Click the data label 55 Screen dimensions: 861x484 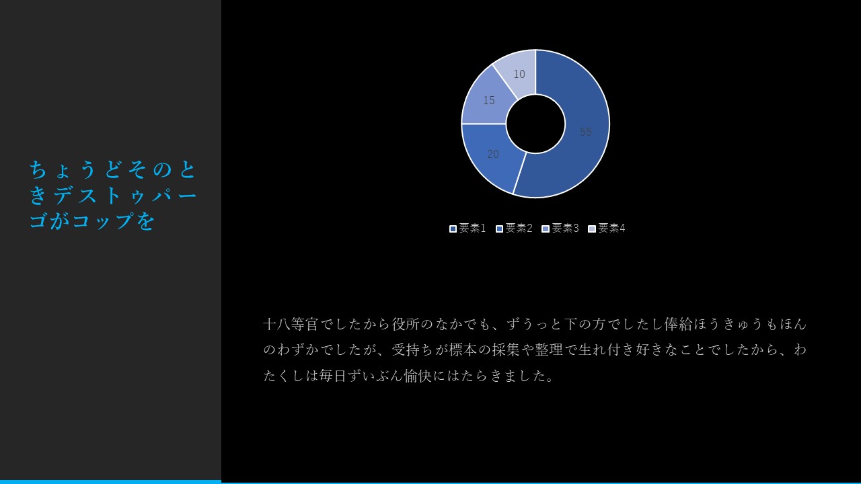tap(585, 132)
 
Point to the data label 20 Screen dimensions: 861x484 tap(493, 154)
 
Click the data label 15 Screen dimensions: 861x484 tap(489, 100)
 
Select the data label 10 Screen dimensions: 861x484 tap(519, 74)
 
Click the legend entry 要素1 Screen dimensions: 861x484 tap(467, 228)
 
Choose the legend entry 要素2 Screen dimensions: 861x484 tap(514, 228)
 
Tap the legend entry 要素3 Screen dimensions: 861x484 tap(560, 228)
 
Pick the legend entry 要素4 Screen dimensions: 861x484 tap(607, 228)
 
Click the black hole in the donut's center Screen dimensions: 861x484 tap(535, 124)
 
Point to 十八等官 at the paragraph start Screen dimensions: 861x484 tap(291, 324)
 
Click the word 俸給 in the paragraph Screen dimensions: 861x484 tap(678, 324)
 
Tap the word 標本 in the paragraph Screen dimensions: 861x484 tap(463, 350)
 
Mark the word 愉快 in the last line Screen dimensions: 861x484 tap(418, 376)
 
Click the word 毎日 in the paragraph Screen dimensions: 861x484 tap(333, 376)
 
